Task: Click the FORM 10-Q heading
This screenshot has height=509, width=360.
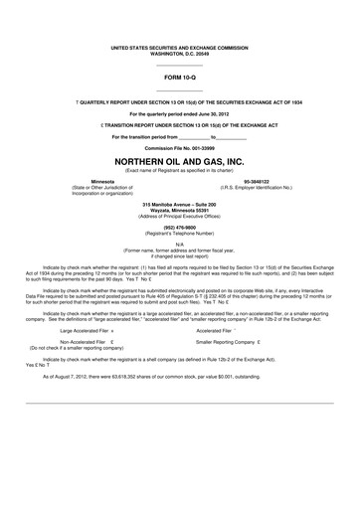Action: (179, 74)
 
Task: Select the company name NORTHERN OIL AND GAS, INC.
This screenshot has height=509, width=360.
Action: (179, 160)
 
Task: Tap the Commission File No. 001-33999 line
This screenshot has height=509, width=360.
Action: (179, 146)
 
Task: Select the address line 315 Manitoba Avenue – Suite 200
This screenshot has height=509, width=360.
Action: (179, 203)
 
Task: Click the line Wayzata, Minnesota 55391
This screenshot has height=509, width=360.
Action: (179, 209)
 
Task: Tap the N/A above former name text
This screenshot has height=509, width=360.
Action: (179, 243)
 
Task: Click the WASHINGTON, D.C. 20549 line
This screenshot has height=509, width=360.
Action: (179, 52)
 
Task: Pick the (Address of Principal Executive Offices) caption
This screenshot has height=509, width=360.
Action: (179, 215)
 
